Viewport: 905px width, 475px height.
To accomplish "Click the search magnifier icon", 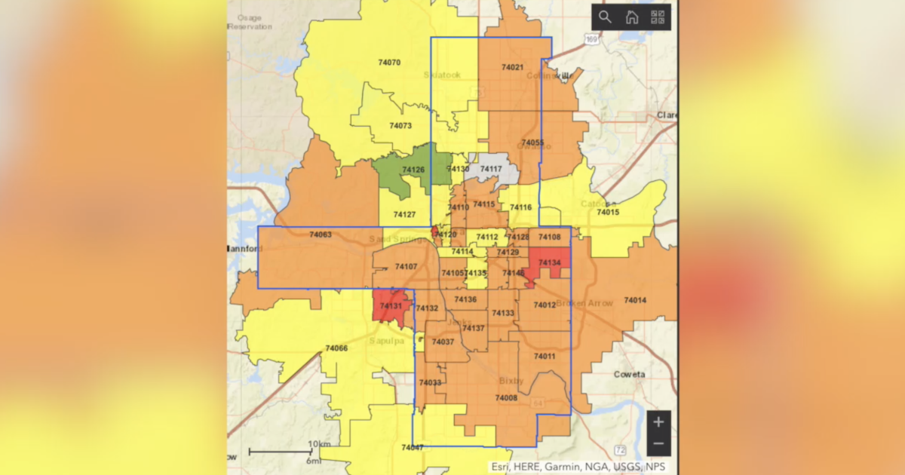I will pyautogui.click(x=605, y=17).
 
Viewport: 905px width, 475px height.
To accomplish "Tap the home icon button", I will pyautogui.click(x=631, y=17).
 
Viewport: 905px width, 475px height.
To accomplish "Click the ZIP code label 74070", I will pyautogui.click(x=389, y=63).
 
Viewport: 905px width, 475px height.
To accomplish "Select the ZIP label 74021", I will pyautogui.click(x=512, y=68).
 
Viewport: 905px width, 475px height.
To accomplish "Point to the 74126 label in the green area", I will pyautogui.click(x=413, y=170).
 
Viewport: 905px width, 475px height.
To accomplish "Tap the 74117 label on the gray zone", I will pyautogui.click(x=491, y=169).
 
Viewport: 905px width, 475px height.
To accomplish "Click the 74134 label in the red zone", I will pyautogui.click(x=549, y=262).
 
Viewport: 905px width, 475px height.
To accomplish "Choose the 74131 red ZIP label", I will pyautogui.click(x=391, y=306).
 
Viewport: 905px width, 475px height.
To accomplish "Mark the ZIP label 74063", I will pyautogui.click(x=320, y=235).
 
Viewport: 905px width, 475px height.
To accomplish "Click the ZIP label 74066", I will pyautogui.click(x=336, y=348).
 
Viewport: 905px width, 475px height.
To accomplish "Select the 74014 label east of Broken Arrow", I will pyautogui.click(x=635, y=301).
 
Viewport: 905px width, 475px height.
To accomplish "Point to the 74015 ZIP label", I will pyautogui.click(x=608, y=213).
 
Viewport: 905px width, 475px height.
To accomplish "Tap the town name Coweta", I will pyautogui.click(x=629, y=375).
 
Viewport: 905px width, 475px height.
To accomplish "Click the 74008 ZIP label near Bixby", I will pyautogui.click(x=506, y=397).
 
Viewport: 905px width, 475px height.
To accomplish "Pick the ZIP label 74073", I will pyautogui.click(x=400, y=126).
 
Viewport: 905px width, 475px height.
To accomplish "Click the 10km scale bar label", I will pyautogui.click(x=319, y=443).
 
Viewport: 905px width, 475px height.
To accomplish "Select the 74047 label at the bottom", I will pyautogui.click(x=412, y=448).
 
